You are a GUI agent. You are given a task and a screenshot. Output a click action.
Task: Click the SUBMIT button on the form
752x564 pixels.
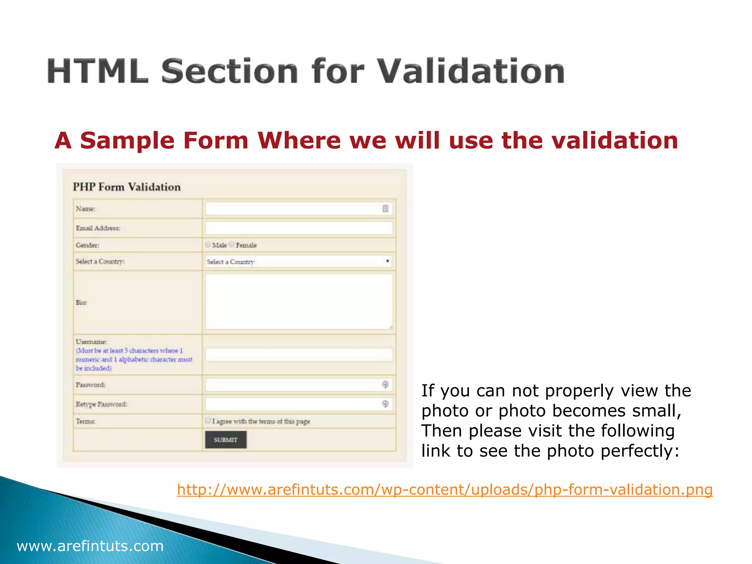point(225,440)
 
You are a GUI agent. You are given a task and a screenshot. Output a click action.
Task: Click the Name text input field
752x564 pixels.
point(294,209)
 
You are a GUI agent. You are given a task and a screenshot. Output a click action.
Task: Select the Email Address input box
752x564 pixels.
point(299,228)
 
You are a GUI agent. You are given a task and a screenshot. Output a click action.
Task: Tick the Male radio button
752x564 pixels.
point(208,245)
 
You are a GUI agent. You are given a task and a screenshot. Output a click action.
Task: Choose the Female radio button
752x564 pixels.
point(232,245)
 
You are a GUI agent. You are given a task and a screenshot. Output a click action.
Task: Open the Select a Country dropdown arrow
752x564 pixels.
point(387,261)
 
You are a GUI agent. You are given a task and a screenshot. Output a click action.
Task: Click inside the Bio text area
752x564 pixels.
point(299,301)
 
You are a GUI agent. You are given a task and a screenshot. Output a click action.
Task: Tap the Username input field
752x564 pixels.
point(299,355)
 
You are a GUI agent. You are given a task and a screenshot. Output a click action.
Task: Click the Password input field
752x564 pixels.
point(294,385)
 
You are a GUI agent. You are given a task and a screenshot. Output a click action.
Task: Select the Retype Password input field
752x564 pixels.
point(294,404)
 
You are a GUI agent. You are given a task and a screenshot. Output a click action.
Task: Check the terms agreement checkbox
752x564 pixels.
point(208,420)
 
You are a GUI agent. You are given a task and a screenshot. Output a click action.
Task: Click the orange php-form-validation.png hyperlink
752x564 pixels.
point(444,490)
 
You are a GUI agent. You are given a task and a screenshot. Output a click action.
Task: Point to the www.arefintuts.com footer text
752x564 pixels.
point(90,546)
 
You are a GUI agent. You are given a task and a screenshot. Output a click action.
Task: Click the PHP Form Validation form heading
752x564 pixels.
point(127,187)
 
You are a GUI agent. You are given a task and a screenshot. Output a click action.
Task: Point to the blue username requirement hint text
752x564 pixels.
point(134,359)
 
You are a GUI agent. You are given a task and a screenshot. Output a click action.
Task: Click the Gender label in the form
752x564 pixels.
point(87,245)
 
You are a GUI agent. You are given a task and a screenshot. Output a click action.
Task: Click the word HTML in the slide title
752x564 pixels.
point(98,72)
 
